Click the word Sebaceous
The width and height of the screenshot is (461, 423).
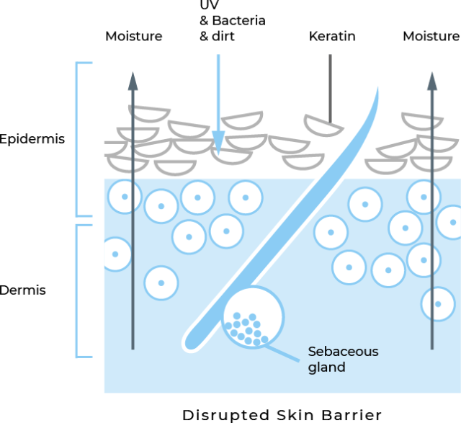pos(343,352)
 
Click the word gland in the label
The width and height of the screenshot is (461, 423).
pos(326,368)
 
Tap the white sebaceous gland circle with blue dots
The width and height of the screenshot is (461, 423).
pos(252,317)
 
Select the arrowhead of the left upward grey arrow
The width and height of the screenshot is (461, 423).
pos(133,80)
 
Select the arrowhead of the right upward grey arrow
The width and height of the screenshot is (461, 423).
pos(431,81)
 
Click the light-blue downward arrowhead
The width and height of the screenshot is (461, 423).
pos(218,141)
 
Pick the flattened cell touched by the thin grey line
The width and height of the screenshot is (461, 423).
pos(323,125)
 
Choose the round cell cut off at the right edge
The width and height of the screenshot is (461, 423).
pos(451,222)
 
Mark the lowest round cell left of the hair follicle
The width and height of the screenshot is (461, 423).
pos(161,283)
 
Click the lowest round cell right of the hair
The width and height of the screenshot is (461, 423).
pos(437,303)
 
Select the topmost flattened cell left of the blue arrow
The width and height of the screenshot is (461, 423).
pos(150,114)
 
